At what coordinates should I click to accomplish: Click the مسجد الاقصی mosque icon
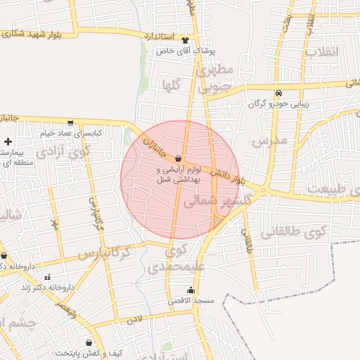click(x=190, y=290)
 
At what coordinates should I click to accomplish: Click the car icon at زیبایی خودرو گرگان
click(x=279, y=94)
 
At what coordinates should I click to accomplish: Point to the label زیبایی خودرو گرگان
click(x=279, y=104)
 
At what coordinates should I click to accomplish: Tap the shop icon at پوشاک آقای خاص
click(x=186, y=40)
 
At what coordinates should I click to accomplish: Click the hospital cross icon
click(x=8, y=142)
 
